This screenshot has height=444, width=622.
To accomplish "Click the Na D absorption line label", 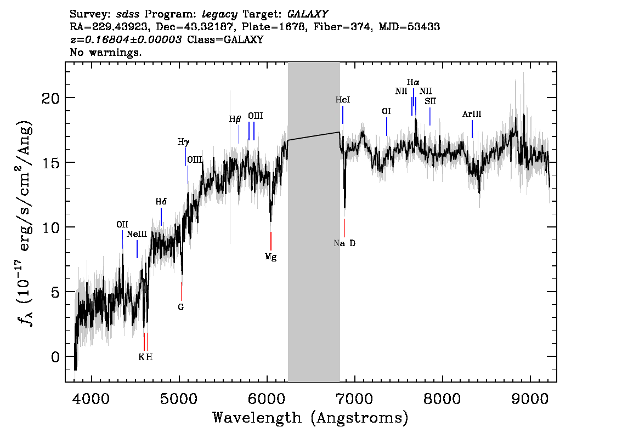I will point(344,243).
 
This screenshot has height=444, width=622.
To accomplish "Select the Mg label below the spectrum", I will point(270,256).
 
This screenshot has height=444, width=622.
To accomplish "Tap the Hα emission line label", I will point(413,82).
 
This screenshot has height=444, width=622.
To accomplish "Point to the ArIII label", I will point(472,114).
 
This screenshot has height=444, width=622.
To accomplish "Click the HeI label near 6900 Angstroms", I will point(343,100).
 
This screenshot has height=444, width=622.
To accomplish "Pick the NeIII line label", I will point(137,234).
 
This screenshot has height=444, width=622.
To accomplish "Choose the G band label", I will point(180,307).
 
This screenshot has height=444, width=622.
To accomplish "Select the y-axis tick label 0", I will point(55,357).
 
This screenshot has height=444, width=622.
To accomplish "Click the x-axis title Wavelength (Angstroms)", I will point(310,418).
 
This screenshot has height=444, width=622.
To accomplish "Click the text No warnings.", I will point(106,53).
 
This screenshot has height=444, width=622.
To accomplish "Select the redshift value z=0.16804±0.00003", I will point(126,40).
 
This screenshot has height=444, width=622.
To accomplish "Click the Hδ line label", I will point(161,202).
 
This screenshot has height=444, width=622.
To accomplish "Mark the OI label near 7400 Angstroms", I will point(386,111).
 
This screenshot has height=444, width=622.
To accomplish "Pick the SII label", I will point(430,101).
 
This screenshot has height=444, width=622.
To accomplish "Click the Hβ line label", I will point(235,119).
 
